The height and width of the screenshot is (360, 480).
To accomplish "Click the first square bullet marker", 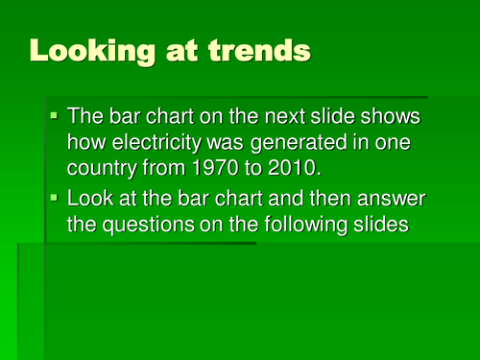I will click(x=55, y=116).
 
